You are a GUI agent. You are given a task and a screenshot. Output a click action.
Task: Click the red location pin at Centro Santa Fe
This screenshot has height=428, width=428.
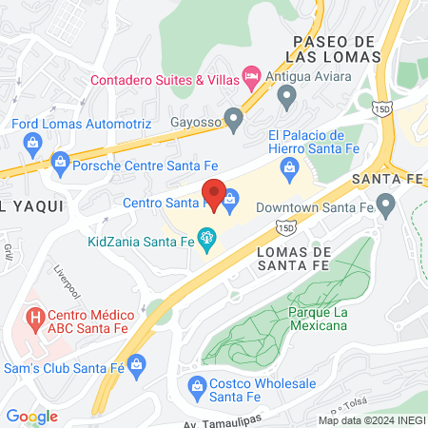tap(214, 195)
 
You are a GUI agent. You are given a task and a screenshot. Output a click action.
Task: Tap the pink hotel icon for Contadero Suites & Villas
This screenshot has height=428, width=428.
tap(252, 74)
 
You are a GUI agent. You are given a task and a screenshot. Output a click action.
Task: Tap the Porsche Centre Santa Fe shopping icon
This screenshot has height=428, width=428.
tap(61, 160)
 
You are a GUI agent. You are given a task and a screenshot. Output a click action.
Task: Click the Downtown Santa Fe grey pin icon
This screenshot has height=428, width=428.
tap(385, 203)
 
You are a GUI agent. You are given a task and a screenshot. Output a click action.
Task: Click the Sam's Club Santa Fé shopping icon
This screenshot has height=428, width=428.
tap(138, 363)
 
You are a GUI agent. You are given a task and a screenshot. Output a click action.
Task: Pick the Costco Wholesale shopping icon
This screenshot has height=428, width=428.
tap(198, 386)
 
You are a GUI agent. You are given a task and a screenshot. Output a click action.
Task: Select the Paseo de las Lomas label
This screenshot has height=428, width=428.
tap(338, 49)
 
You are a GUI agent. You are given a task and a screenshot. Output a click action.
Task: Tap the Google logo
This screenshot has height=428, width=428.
tap(31, 416)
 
